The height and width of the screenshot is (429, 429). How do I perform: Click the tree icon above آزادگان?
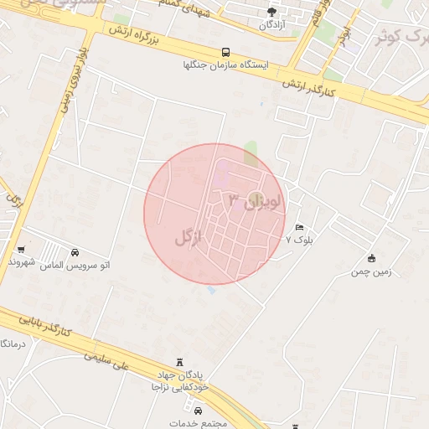tap(271, 12)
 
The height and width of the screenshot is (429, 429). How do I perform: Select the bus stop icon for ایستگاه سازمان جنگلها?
tap(225, 51)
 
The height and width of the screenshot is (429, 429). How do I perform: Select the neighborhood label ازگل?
tap(189, 237)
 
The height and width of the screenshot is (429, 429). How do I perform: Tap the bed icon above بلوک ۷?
tap(299, 227)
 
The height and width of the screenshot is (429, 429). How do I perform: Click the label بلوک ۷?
tap(299, 240)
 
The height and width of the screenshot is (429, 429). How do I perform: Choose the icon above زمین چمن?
tap(372, 258)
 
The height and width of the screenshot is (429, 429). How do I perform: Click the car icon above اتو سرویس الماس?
tap(76, 252)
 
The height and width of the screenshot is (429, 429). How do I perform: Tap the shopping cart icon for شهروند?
tap(21, 249)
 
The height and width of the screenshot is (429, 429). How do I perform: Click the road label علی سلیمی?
tap(109, 362)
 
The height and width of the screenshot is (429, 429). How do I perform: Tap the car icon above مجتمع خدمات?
tap(198, 411)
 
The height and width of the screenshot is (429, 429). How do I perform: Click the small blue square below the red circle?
tap(210, 290)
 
